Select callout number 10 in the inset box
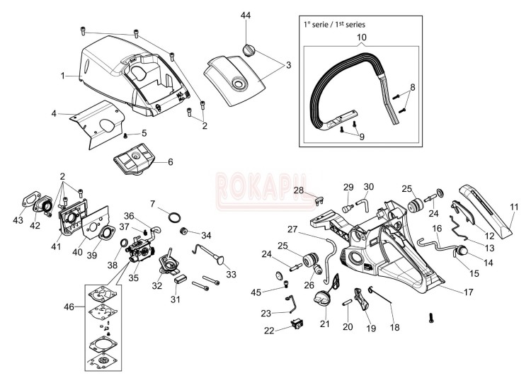point(361,37)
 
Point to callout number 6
point(170,161)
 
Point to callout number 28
point(298,190)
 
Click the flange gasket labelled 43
point(31,200)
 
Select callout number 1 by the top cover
point(63,75)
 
